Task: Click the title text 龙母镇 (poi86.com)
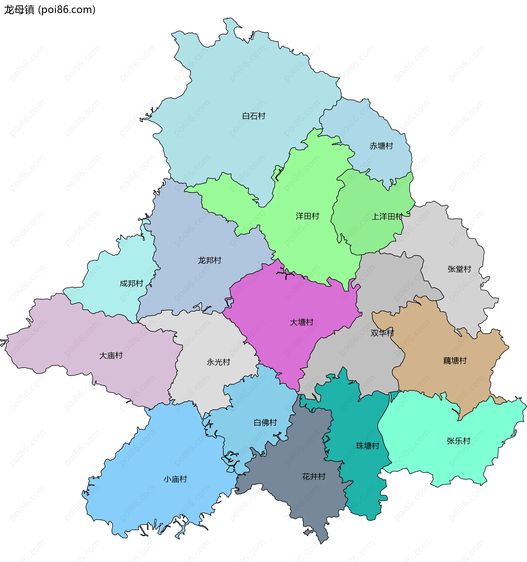(x=50, y=10)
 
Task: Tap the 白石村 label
(x=254, y=116)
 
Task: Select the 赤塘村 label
(x=381, y=146)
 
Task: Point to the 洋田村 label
(x=307, y=216)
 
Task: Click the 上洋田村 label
(x=387, y=217)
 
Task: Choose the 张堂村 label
(x=459, y=269)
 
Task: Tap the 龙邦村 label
(x=209, y=260)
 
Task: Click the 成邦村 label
(x=131, y=283)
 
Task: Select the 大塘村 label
(x=301, y=322)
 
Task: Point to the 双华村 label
(x=382, y=333)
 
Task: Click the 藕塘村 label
(x=455, y=361)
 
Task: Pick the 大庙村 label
(x=111, y=355)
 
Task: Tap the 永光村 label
(x=218, y=362)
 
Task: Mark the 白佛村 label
(x=265, y=422)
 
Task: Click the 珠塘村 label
(x=368, y=446)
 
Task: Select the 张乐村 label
(x=458, y=441)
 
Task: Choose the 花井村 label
(x=313, y=476)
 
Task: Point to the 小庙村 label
(x=175, y=479)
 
